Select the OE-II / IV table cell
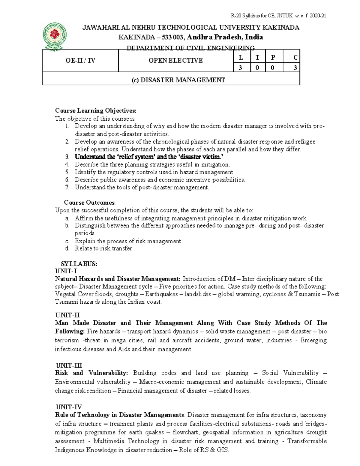coord(80,61)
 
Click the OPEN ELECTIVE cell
coord(176,61)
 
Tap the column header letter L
coord(241,58)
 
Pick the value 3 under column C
coord(295,68)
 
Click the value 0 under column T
coord(257,68)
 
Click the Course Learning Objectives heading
coord(95,111)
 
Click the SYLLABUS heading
coord(79,264)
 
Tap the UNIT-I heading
coord(66,271)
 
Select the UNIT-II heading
coord(67,315)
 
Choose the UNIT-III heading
coord(69,365)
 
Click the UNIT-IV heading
coord(68,407)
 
